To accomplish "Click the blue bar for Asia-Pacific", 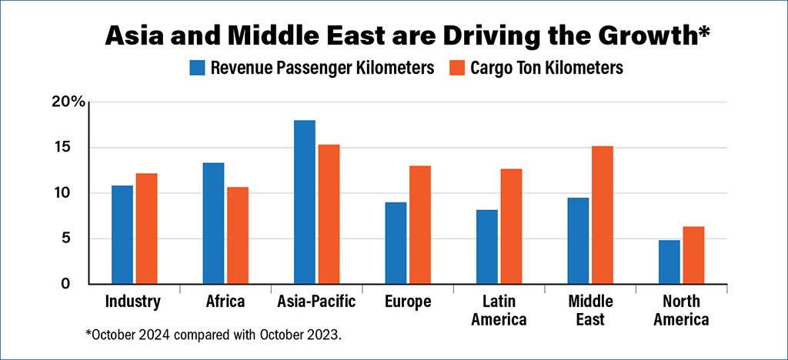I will pos(305,202).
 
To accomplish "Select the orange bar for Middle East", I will pos(603,215).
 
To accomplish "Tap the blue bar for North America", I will pos(669,262).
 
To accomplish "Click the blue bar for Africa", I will pos(213,223).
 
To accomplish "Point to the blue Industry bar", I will pos(122,235).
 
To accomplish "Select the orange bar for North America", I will pos(693,255).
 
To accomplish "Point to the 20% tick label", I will pos(68,102).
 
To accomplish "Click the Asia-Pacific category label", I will pos(316,302).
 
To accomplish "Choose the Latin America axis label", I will pos(500,310).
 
